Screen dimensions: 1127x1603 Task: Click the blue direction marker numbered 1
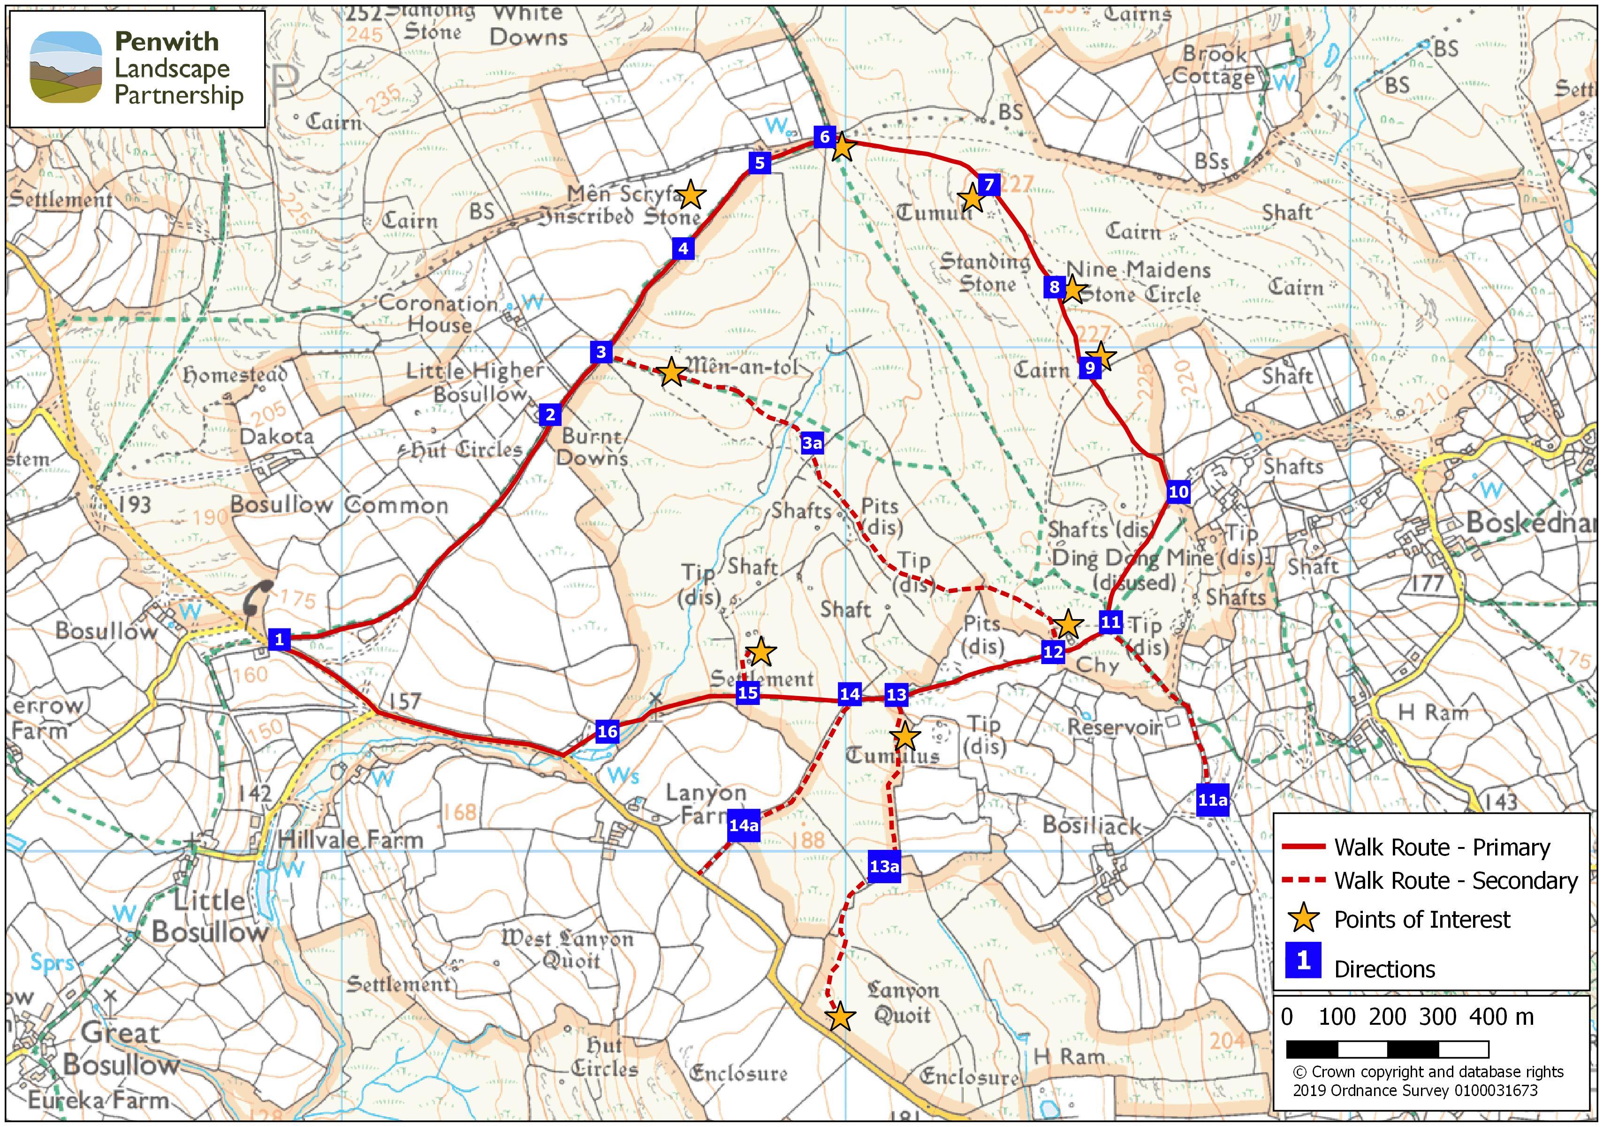[279, 638]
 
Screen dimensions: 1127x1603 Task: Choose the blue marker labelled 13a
[884, 866]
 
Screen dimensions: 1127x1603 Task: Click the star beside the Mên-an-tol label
[671, 372]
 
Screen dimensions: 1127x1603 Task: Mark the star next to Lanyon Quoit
[841, 1017]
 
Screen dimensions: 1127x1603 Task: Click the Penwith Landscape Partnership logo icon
[66, 68]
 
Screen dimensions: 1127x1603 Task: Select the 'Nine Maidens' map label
[1138, 269]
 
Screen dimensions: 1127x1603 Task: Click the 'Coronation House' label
[439, 314]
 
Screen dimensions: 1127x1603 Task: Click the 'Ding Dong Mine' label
[1132, 558]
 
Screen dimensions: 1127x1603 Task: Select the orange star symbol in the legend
[1303, 918]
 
